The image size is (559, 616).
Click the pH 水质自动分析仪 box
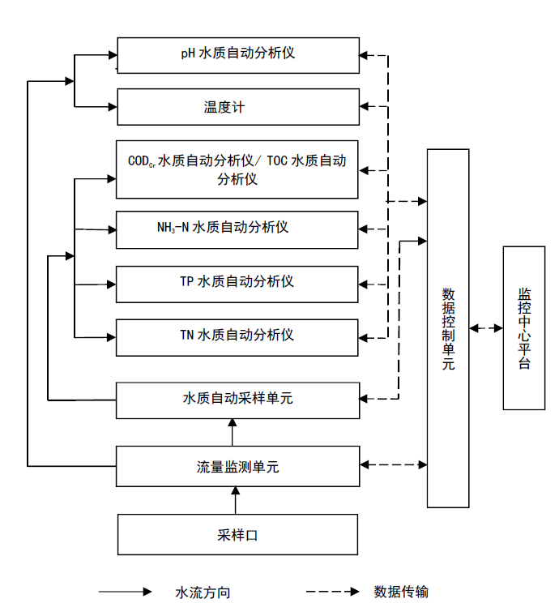pos(237,55)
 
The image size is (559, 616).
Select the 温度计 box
pos(237,107)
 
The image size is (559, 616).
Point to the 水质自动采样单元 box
pos(237,398)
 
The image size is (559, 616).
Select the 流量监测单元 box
pos(237,466)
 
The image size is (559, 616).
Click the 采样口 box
pos(237,534)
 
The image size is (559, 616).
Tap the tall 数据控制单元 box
pos(448,328)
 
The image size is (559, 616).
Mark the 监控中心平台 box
pos(523,328)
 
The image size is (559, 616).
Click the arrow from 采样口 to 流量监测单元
pos(236,500)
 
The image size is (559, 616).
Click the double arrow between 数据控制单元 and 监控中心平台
pos(486,328)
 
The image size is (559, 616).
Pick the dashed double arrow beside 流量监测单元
pos(394,464)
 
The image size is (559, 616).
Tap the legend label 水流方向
pos(203,592)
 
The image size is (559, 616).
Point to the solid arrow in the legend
pos(125,592)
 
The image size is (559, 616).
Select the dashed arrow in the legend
pos(332,592)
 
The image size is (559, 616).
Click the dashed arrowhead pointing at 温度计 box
pos(365,106)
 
